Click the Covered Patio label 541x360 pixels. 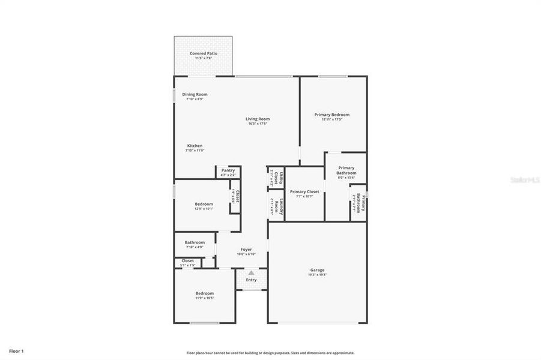point(204,53)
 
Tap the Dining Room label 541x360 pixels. point(195,94)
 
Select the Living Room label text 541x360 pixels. point(257,119)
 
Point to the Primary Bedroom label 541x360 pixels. point(331,115)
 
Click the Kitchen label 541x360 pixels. point(195,146)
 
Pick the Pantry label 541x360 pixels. point(228,170)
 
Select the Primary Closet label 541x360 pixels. point(304,192)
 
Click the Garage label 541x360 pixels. point(317,270)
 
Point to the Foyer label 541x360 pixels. point(246,249)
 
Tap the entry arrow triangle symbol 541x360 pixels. point(251,273)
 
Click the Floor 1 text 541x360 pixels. point(16,350)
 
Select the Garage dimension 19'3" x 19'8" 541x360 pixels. point(317,275)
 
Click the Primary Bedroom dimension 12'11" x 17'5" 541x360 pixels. point(331,120)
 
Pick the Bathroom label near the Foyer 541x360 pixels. point(195,242)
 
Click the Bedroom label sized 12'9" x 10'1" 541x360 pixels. point(204,204)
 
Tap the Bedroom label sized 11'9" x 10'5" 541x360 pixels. point(204,293)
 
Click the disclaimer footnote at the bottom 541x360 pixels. point(270,353)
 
